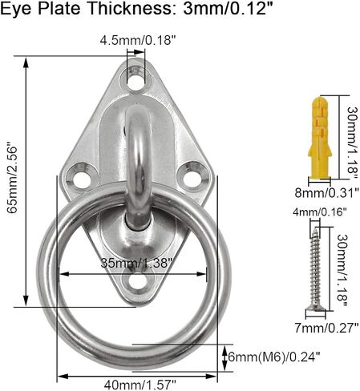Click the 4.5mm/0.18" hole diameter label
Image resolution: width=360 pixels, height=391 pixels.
138,41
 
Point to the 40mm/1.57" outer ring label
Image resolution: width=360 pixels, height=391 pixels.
140,385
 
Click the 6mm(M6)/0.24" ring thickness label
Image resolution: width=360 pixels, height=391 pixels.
274,357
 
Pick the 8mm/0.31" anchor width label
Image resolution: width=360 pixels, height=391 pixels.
326,192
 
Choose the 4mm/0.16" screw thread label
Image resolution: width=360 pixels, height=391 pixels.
320,212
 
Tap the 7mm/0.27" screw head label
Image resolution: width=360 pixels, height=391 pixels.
326,328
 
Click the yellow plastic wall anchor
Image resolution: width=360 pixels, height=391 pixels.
320,139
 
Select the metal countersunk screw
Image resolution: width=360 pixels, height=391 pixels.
316,269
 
